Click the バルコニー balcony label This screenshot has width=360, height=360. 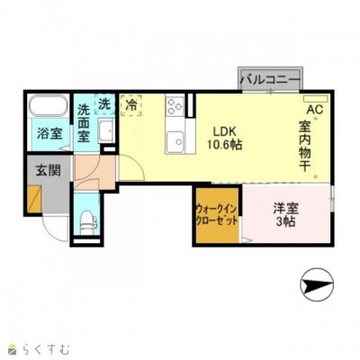click(x=271, y=79)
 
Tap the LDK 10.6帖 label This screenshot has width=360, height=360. click(x=225, y=138)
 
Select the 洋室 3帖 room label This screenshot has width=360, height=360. click(x=285, y=215)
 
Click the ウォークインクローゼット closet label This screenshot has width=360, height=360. click(x=217, y=215)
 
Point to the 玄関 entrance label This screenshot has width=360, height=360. click(x=49, y=170)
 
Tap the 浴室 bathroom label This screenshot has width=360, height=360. click(x=49, y=133)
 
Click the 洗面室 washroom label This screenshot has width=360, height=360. click(x=84, y=123)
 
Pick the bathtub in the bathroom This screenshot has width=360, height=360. click(x=49, y=105)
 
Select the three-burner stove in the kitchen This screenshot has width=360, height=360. click(x=175, y=106)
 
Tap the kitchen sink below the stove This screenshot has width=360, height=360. click(x=175, y=142)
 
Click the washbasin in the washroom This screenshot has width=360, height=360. click(x=106, y=131)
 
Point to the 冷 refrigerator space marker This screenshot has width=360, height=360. click(x=130, y=104)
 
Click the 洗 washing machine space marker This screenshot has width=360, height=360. click(x=104, y=104)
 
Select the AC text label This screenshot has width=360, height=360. click(x=315, y=110)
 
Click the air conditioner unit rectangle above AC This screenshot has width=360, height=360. click(x=315, y=99)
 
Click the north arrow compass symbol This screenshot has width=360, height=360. click(x=317, y=283)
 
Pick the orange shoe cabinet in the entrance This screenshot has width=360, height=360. click(x=33, y=199)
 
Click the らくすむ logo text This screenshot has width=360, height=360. click(x=44, y=349)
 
